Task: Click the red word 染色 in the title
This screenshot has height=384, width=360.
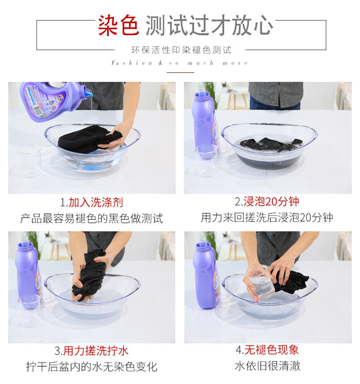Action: click(x=118, y=25)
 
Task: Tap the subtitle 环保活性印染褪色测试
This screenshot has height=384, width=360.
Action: click(x=181, y=50)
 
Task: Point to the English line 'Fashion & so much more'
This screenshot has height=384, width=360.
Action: click(x=180, y=63)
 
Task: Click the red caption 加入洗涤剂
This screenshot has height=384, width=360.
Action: click(x=96, y=203)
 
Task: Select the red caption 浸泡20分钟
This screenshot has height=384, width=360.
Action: click(x=271, y=201)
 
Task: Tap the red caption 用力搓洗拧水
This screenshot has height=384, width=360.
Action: click(x=96, y=351)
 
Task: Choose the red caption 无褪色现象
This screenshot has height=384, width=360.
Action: click(x=271, y=349)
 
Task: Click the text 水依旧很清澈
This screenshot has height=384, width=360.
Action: click(x=267, y=366)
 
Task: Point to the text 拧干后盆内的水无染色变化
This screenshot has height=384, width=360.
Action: click(x=92, y=367)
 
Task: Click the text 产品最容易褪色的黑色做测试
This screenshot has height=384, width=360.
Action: click(x=92, y=219)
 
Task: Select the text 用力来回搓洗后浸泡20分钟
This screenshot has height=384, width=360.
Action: click(x=267, y=217)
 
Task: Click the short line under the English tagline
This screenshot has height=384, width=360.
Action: click(x=180, y=72)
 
